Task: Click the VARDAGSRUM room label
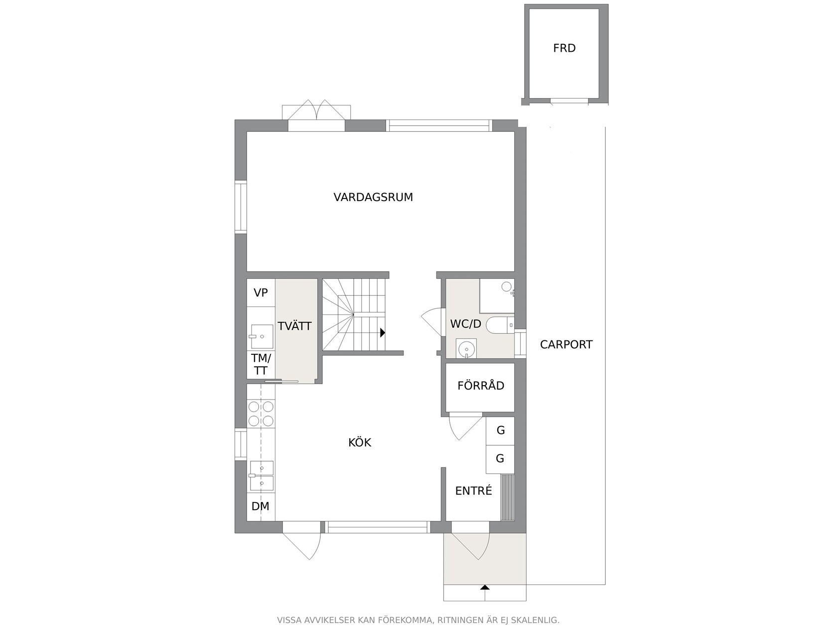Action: [x=373, y=197]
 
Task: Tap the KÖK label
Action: [x=360, y=442]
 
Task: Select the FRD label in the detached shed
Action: [x=564, y=48]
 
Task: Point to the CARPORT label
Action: [x=566, y=344]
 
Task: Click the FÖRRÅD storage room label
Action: [x=481, y=385]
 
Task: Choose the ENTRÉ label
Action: [x=474, y=490]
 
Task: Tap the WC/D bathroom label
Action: [x=466, y=324]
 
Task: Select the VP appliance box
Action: [x=261, y=293]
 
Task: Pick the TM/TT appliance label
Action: [x=261, y=364]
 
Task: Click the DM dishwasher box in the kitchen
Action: [x=261, y=507]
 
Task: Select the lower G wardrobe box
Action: [x=500, y=459]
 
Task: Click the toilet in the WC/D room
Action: [x=500, y=325]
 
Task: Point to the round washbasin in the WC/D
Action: [x=466, y=348]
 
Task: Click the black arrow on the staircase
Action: [x=383, y=333]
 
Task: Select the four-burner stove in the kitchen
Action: [x=261, y=414]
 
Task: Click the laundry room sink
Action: [x=262, y=336]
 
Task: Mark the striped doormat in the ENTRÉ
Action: [x=507, y=497]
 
